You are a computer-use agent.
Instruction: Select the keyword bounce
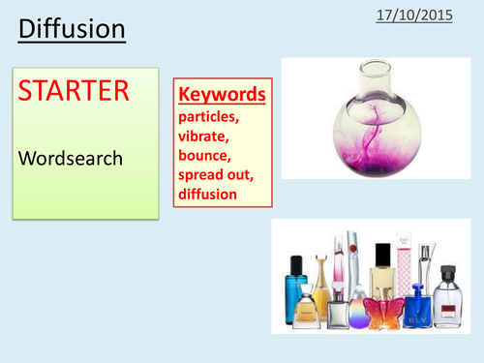tap(206, 157)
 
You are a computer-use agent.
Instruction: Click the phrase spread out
tap(219, 176)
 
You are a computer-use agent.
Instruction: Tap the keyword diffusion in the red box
tap(210, 195)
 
